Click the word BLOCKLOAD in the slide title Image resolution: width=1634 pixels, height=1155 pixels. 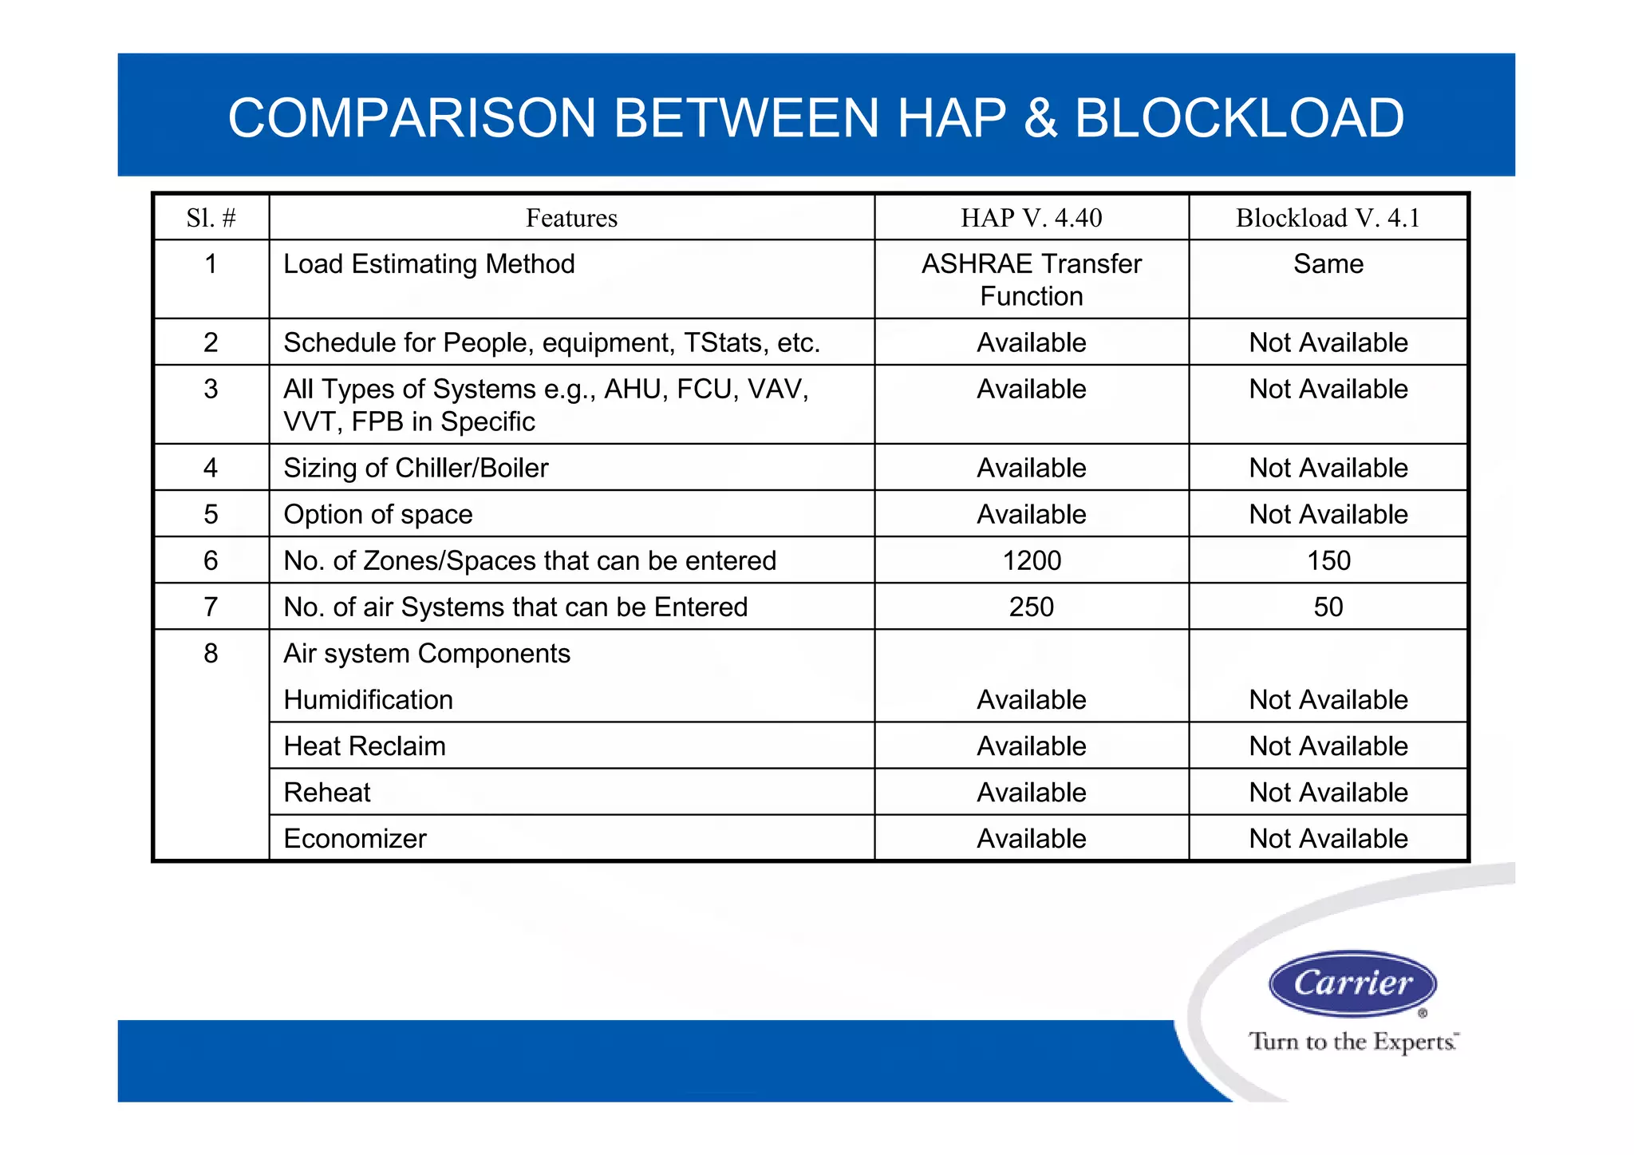(1239, 118)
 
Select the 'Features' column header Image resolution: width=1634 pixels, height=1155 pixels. (571, 218)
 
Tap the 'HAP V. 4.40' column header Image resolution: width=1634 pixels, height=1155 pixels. (1031, 218)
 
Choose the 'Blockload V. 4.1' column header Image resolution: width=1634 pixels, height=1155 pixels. (1328, 218)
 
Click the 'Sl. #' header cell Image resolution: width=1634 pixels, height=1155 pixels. (211, 218)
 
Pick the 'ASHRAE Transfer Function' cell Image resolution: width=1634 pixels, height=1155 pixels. (1031, 279)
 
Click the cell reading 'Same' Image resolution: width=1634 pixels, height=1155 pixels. (1328, 264)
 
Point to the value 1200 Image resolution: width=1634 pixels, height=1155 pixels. (1031, 560)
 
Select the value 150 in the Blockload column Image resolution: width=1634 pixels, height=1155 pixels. (1328, 560)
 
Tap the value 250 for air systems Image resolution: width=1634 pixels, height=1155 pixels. (1031, 607)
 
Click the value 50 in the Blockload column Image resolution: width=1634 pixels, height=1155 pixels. (1328, 607)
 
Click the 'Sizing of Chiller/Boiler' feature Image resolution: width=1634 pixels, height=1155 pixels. (416, 468)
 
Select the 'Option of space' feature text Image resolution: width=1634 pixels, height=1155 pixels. (378, 514)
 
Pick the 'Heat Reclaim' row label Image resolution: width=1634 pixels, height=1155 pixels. (365, 746)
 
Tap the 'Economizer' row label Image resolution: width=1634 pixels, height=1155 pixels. (355, 839)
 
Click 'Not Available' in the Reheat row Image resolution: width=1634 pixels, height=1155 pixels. (1328, 793)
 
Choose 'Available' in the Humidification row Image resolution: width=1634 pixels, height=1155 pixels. (1031, 700)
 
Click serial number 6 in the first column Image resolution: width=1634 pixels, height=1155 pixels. (211, 560)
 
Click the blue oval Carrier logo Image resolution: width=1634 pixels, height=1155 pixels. (1352, 983)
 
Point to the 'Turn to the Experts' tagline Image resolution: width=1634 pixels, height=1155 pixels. (1352, 1042)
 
